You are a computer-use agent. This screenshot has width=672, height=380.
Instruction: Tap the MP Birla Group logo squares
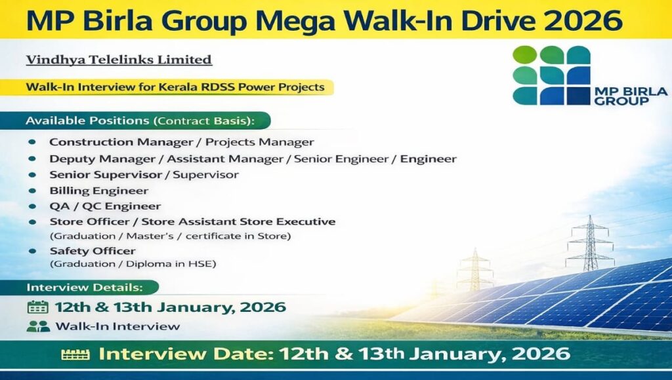(551, 75)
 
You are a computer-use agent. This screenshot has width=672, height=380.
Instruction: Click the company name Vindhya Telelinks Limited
(119, 60)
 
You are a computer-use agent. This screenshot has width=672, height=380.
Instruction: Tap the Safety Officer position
(93, 251)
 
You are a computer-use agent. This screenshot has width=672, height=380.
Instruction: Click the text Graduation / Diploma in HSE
(133, 264)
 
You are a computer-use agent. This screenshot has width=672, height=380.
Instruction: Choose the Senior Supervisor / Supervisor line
(144, 174)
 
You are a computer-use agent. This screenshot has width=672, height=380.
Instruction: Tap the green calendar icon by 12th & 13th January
(37, 307)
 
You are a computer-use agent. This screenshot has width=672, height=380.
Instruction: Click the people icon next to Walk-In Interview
(38, 326)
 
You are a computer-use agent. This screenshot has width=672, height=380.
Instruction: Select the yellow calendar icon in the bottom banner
(75, 354)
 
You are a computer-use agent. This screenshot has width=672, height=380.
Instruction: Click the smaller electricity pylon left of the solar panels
(474, 269)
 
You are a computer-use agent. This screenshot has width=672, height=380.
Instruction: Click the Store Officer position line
(192, 221)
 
